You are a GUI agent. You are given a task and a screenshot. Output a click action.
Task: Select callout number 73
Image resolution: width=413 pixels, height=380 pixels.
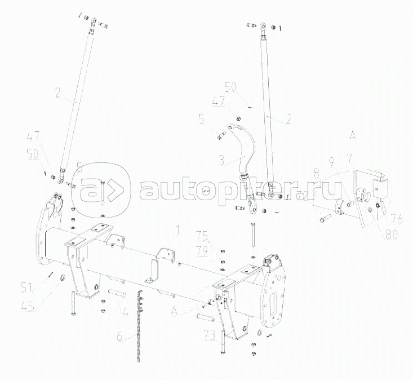[211, 337]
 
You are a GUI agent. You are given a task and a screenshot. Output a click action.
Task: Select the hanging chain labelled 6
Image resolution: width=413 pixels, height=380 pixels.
[138, 327]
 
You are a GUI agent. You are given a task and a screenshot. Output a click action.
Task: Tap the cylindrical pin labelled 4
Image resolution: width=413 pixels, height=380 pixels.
[116, 293]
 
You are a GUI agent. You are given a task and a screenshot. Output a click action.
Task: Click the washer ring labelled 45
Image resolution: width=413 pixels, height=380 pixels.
[62, 278]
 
